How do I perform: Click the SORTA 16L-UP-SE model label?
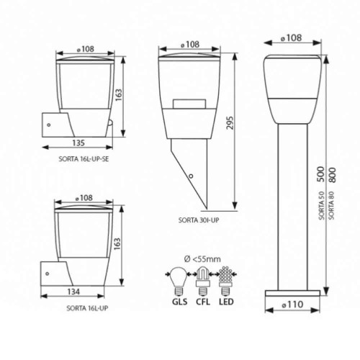click(84, 159)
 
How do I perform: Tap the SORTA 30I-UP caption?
click(199, 220)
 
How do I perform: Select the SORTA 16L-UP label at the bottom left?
click(87, 308)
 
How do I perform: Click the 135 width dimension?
click(78, 143)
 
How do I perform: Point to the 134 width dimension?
click(73, 292)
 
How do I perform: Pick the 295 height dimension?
click(230, 123)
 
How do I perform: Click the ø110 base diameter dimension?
click(292, 305)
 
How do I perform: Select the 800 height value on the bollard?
click(332, 175)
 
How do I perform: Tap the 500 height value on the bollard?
click(321, 174)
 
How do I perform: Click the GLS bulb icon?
click(179, 281)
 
